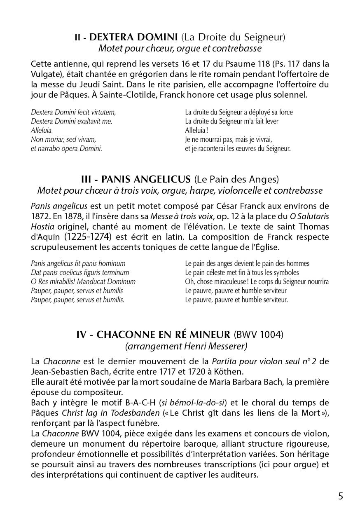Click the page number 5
341,496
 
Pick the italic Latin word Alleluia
41,130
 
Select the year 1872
40,216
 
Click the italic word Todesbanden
136,413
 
